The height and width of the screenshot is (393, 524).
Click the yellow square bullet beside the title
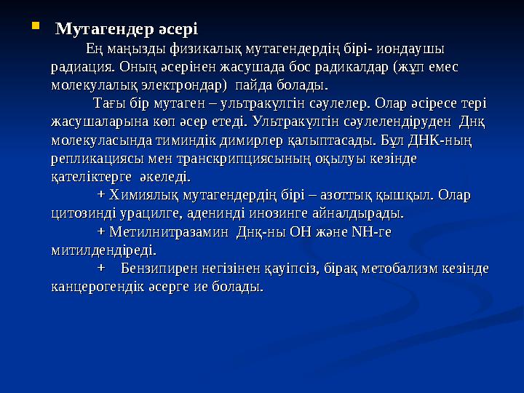point(36,28)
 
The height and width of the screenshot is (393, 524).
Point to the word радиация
point(79,68)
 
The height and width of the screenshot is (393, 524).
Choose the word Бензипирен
point(159,269)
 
